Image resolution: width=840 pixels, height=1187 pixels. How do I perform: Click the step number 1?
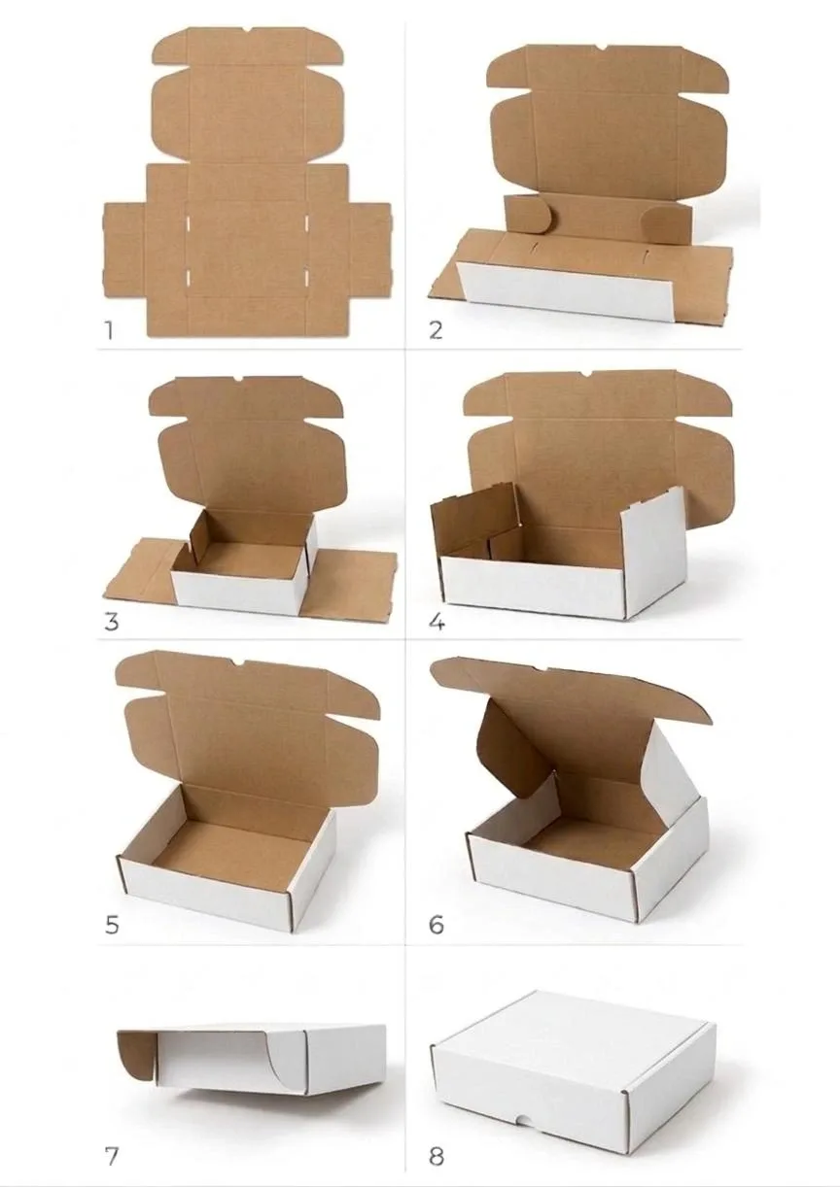[109, 330]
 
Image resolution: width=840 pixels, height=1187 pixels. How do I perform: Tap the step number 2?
[435, 330]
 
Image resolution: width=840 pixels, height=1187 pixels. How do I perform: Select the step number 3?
[112, 622]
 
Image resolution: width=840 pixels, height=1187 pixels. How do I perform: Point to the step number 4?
[437, 622]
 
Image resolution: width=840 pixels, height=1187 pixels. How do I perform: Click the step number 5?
[112, 926]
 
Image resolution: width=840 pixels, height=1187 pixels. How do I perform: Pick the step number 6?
[436, 926]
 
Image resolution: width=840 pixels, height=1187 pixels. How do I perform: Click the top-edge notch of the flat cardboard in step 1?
[248, 29]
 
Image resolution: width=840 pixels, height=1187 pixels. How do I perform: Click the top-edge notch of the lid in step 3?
[238, 380]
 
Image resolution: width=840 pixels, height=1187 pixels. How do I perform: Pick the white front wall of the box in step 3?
[237, 593]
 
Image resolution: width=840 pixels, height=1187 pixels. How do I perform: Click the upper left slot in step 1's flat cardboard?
[188, 221]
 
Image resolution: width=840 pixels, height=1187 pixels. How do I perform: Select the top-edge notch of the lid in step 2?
[602, 49]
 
